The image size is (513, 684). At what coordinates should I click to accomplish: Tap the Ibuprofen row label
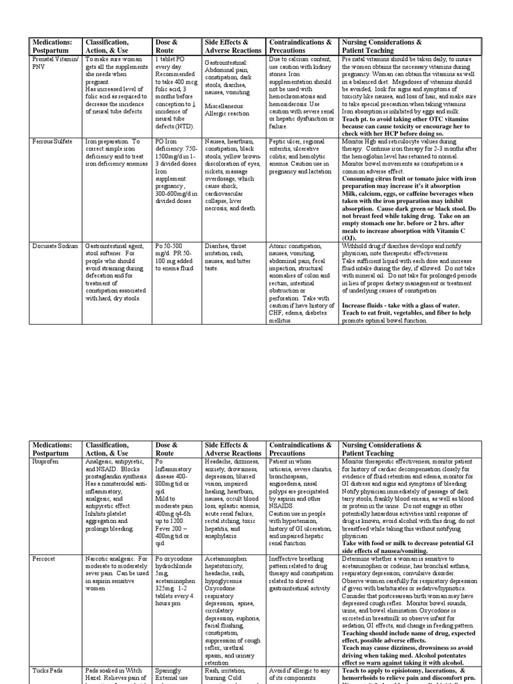[48, 462]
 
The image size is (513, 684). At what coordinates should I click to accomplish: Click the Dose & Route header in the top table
[167, 46]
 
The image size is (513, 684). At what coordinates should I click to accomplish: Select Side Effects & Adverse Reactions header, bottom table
[232, 449]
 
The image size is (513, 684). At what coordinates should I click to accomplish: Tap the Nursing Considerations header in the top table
[382, 46]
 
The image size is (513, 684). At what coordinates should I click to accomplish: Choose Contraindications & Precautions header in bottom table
[301, 449]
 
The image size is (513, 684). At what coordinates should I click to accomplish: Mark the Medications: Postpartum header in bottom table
[51, 449]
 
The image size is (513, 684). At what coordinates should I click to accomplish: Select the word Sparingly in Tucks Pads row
[168, 671]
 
